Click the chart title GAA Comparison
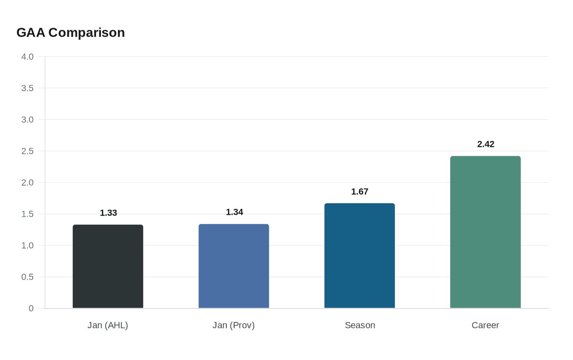(70, 33)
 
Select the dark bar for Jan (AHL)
(108, 266)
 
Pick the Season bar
(360, 256)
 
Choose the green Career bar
(485, 232)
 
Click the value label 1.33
(108, 213)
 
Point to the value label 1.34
(235, 212)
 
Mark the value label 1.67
(360, 192)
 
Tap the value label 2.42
(486, 144)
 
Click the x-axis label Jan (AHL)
(108, 325)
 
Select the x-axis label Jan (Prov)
(234, 325)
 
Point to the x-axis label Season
(360, 325)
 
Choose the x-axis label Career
(485, 325)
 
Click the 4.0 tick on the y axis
(27, 57)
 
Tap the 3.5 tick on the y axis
(27, 88)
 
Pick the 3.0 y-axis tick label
(27, 120)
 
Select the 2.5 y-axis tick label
(27, 151)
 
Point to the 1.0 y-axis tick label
(27, 246)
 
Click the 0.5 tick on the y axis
(27, 277)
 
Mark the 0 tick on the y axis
(31, 309)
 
